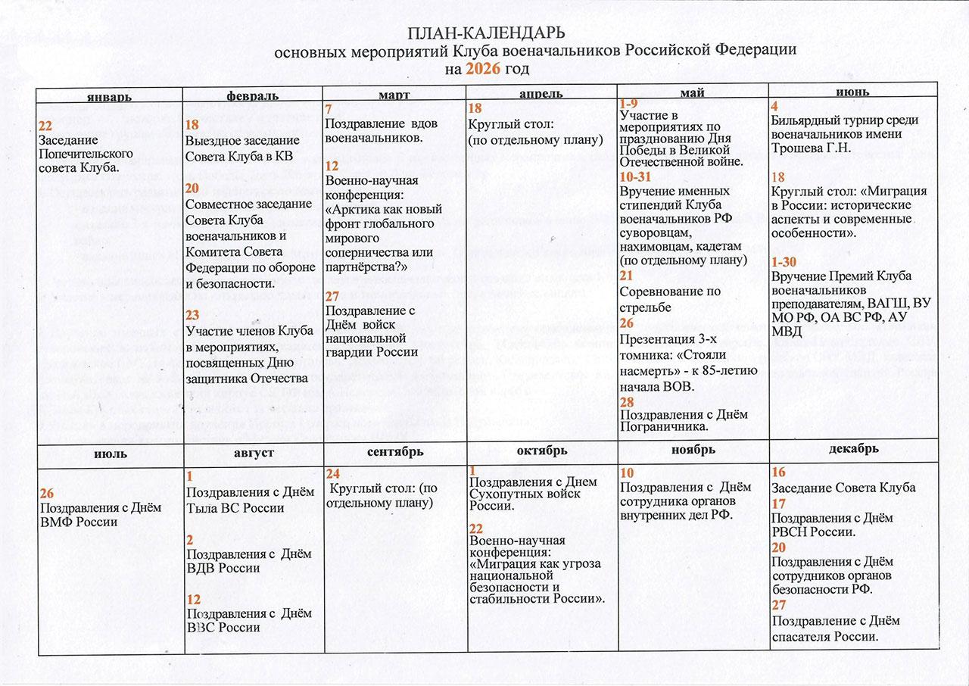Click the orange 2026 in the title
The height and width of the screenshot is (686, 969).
click(483, 69)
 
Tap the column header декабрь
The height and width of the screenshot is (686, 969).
click(853, 448)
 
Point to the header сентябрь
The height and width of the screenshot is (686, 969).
click(394, 451)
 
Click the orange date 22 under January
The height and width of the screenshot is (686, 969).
click(45, 126)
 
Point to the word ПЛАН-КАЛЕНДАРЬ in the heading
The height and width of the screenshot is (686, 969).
click(487, 34)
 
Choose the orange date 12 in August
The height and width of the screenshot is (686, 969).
click(193, 599)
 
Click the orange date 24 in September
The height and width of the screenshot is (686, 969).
click(332, 473)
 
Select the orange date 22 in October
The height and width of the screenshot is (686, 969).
click(476, 528)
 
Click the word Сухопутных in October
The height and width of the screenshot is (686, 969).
click(505, 494)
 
